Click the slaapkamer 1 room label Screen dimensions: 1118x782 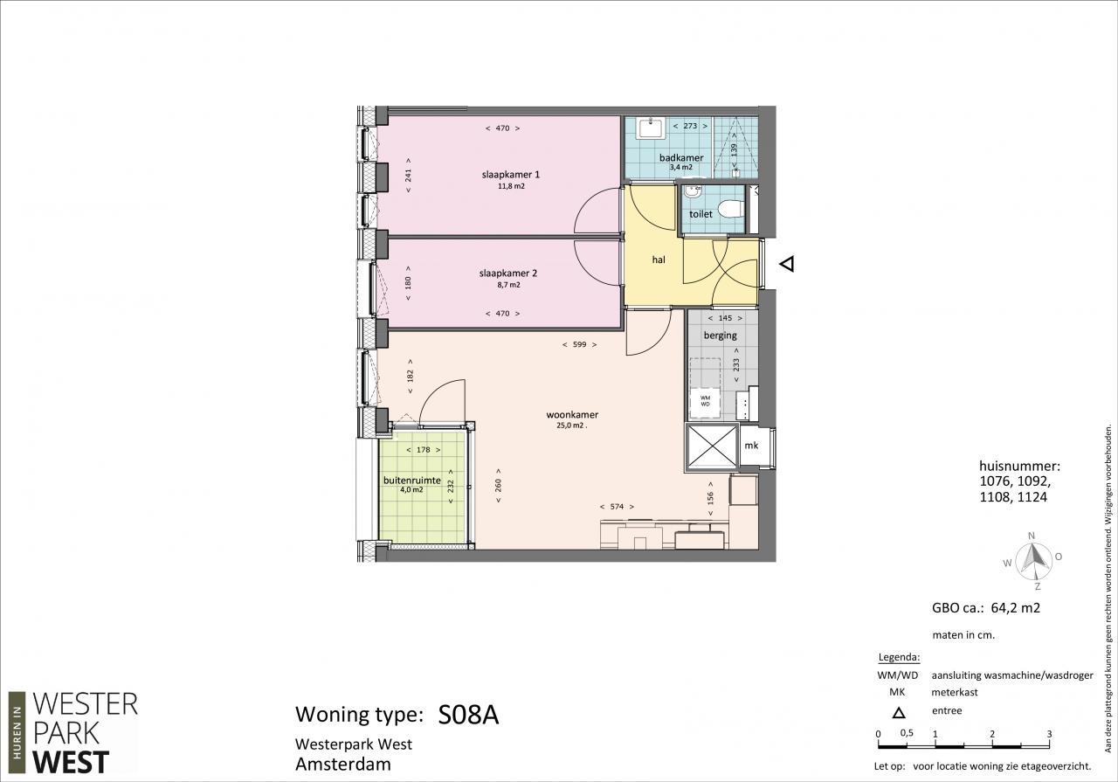[x=511, y=175]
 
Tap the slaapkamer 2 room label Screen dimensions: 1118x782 [x=508, y=273]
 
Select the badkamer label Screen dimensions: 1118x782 [x=681, y=158]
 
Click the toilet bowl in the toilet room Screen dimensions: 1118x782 [x=730, y=209]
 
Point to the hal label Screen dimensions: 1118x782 [x=659, y=260]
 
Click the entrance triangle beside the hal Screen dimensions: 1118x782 [x=787, y=263]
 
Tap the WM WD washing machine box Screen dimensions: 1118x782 [x=705, y=402]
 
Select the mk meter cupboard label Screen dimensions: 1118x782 [x=751, y=446]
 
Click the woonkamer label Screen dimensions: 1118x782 [x=572, y=415]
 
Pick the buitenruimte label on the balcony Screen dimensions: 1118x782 [x=411, y=481]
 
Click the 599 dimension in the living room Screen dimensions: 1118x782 [x=579, y=344]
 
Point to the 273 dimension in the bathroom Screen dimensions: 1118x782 [x=690, y=126]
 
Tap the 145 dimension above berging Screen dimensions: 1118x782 [x=725, y=318]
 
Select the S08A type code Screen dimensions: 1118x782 [x=468, y=715]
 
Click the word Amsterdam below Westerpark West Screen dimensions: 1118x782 [x=343, y=765]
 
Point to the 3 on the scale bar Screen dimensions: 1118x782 [x=1050, y=734]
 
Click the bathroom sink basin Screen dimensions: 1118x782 [x=651, y=129]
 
